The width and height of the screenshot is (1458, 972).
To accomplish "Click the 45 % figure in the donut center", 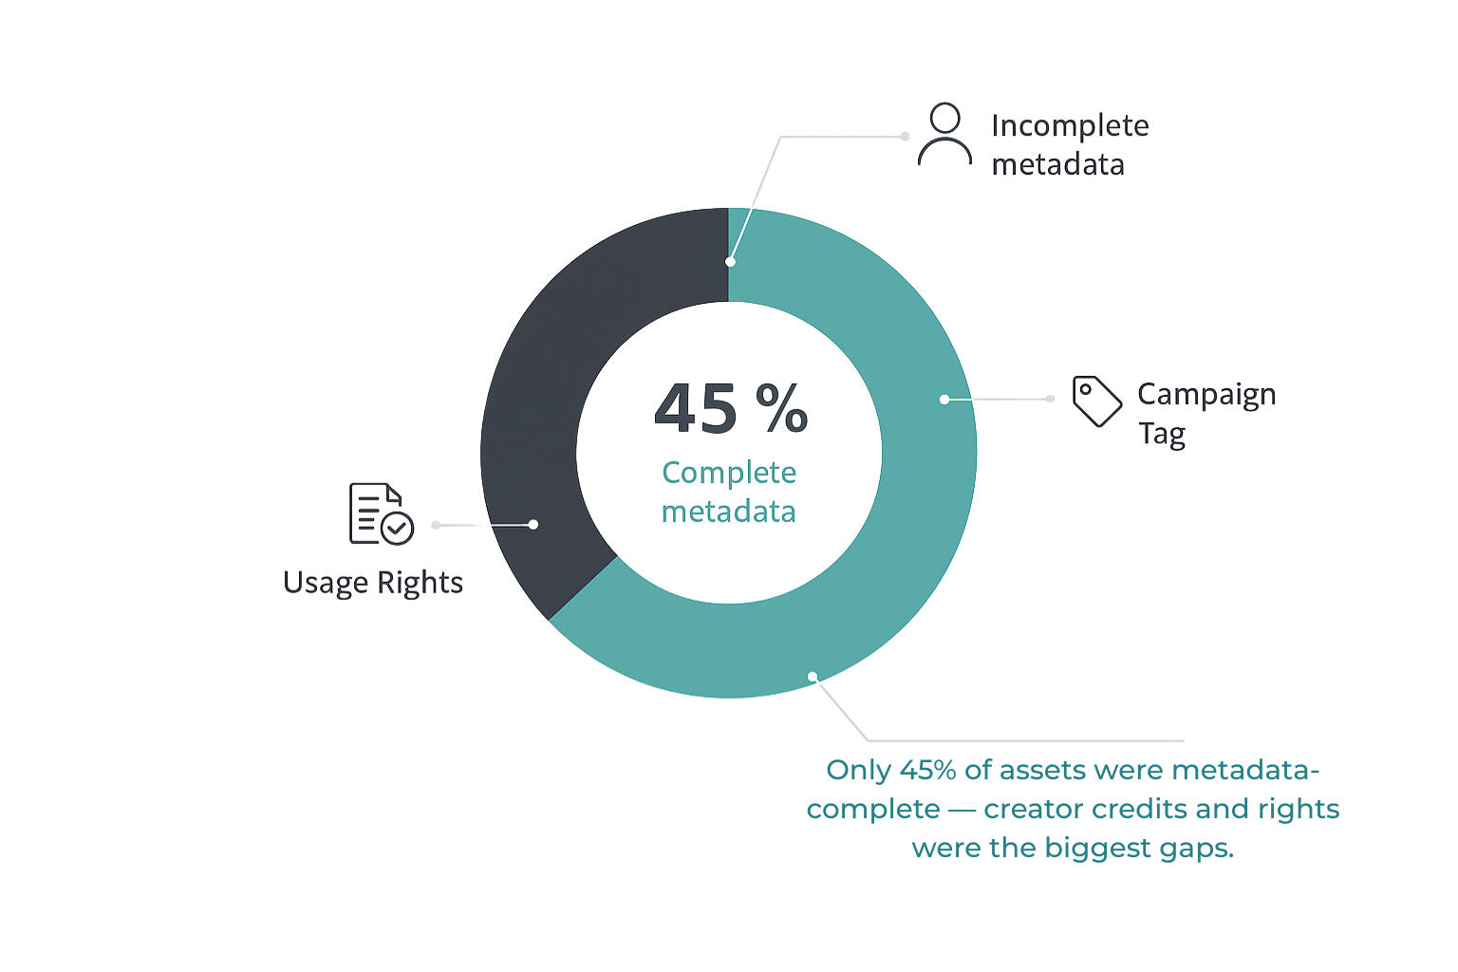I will coord(730,409).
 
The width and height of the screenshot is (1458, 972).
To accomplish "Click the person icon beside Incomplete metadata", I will coord(944,135).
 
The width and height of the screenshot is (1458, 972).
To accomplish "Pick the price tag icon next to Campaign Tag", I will coord(1096,401).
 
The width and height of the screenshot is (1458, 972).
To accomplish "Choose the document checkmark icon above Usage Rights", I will coord(381,514).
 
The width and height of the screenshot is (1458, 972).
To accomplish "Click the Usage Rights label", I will coord(373,582).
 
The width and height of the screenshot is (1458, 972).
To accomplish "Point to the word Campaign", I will coord(1206,395).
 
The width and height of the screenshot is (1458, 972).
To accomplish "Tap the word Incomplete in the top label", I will coord(1070,125).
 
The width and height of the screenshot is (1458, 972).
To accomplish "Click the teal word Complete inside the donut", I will coord(729,473).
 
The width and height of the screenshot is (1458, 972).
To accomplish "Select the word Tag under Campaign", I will coord(1162,434).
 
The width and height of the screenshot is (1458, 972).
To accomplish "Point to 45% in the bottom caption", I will coord(927,770).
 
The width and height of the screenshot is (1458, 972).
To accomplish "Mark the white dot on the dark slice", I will coord(533,524).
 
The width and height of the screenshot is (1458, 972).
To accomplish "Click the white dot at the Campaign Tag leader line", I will coord(944,400).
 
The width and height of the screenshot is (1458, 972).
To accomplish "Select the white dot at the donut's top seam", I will coord(730,262).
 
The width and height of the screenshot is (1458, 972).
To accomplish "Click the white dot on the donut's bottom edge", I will coord(813,677).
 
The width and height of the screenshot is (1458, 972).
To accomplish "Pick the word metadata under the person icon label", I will coord(1057,164).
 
